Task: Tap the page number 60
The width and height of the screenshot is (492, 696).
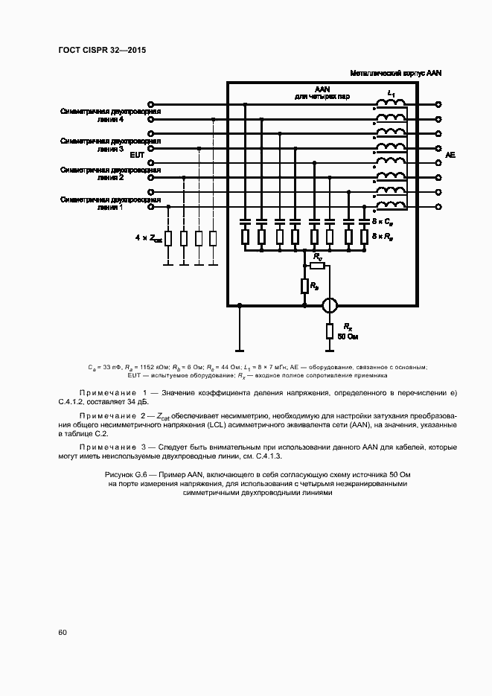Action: [63, 633]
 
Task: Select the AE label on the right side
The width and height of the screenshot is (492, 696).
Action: [450, 155]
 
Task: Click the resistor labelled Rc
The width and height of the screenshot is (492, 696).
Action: [318, 265]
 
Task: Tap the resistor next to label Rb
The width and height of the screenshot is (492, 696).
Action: [304, 285]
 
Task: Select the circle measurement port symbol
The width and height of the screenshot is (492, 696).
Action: [329, 305]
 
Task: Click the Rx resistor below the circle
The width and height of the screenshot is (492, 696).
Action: [329, 331]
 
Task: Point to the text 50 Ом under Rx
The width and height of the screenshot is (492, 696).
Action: [348, 337]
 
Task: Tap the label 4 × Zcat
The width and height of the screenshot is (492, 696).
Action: [148, 238]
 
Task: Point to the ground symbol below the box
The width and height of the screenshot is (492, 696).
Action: [239, 349]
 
